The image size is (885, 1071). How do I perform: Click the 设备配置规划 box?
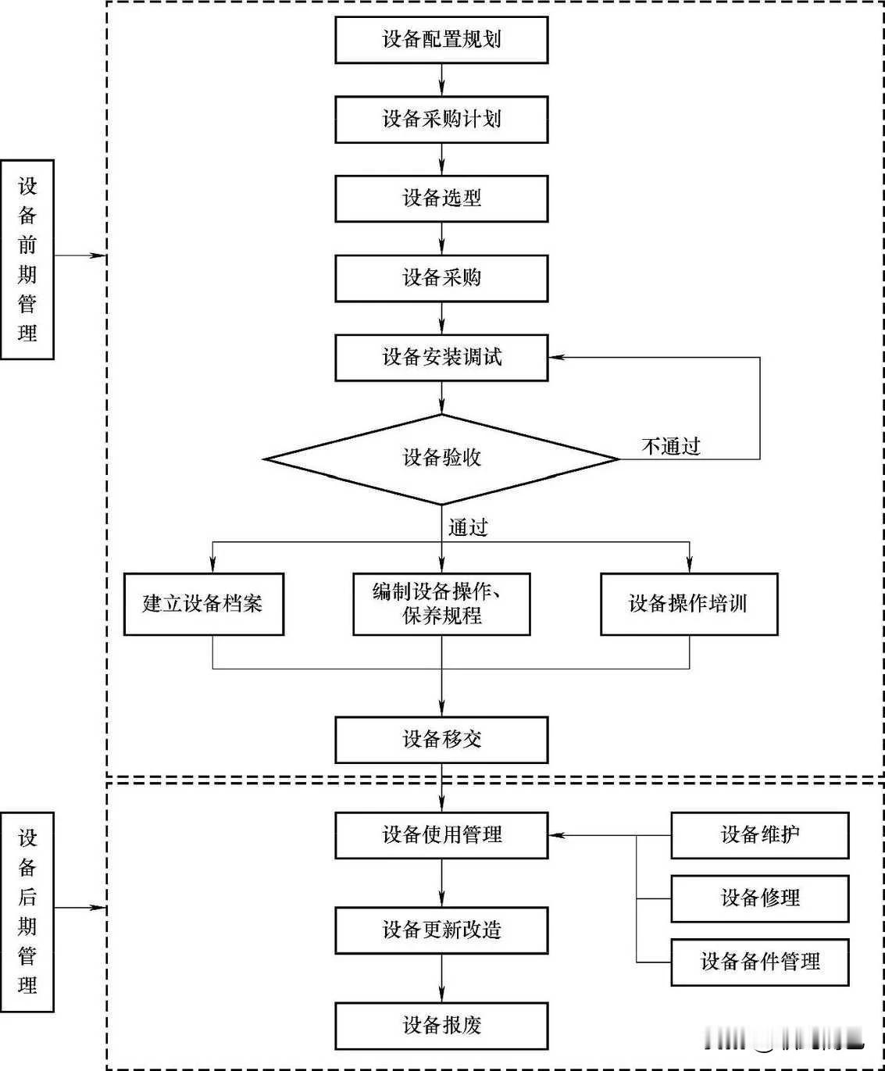[x=441, y=40]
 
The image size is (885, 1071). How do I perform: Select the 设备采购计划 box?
[x=441, y=120]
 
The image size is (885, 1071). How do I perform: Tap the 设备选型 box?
[x=441, y=198]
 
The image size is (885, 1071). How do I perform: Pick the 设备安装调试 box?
[x=441, y=358]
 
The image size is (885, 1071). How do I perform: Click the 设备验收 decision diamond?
[x=441, y=459]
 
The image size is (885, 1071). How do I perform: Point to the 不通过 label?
[x=671, y=447]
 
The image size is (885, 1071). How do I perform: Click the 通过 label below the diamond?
[x=468, y=528]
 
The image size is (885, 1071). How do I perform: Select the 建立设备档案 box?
[x=203, y=604]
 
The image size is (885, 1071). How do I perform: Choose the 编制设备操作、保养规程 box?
[x=441, y=604]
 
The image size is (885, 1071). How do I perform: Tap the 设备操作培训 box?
[x=689, y=604]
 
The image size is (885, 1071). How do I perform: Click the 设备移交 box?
[x=441, y=740]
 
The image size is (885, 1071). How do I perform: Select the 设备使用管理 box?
[x=441, y=835]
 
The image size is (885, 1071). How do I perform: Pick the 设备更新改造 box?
[x=441, y=930]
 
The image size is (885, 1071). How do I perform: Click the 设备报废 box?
[x=441, y=1026]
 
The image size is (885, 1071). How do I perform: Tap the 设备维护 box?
[x=759, y=835]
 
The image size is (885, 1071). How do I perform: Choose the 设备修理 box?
[x=759, y=898]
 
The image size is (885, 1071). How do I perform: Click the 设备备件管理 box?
[x=759, y=962]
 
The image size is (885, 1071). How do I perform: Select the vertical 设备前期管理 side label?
[x=27, y=259]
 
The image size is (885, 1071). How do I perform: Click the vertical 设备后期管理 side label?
[x=27, y=912]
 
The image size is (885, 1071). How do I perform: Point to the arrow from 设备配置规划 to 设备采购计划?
[x=442, y=80]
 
